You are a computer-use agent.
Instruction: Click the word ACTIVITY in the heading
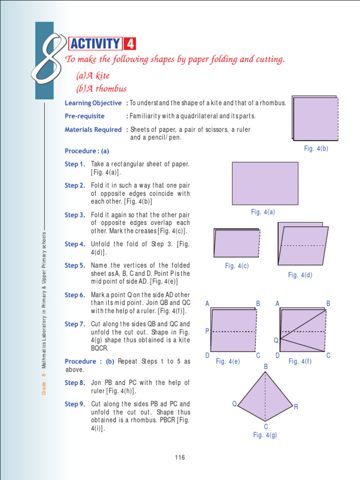click(95, 44)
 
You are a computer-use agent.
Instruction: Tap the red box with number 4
click(130, 44)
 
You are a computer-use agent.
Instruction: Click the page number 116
click(180, 457)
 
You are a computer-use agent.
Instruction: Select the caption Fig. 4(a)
click(262, 212)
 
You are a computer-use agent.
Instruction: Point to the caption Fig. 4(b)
click(316, 148)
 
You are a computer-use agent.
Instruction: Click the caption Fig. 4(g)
click(265, 435)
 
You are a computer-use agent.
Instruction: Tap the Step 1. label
click(75, 164)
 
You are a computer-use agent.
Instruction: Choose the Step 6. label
click(75, 295)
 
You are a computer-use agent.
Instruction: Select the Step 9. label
click(75, 404)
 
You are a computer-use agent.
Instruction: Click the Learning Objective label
click(93, 103)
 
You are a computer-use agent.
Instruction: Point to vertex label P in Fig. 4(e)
click(207, 331)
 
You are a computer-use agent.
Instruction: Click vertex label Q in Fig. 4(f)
click(276, 340)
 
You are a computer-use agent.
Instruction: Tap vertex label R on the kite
click(296, 407)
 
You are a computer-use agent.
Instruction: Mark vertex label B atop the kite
click(266, 366)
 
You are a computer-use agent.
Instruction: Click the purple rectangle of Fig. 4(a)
click(265, 183)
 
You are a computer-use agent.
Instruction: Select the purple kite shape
click(265, 398)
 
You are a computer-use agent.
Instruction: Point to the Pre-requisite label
click(84, 116)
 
